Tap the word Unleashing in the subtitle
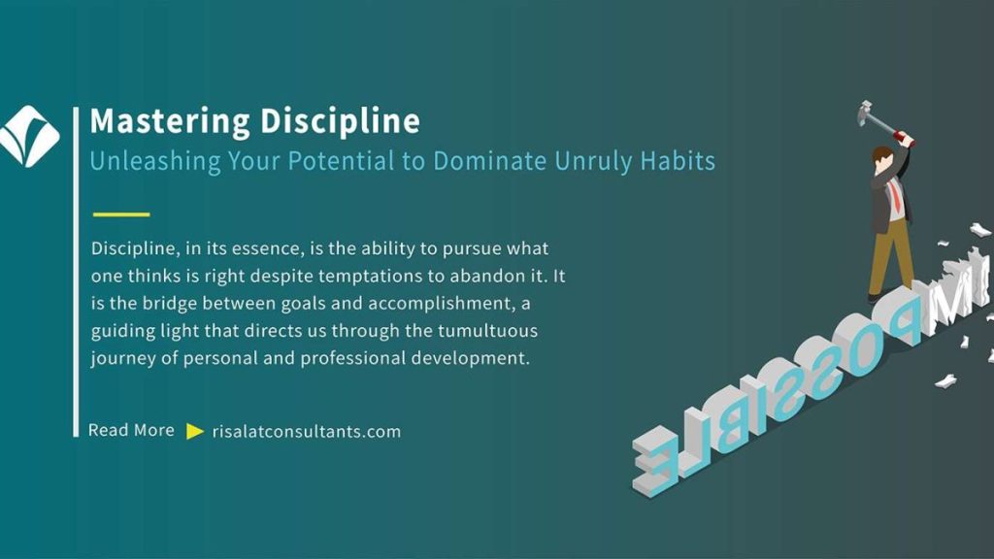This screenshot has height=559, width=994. coord(154,161)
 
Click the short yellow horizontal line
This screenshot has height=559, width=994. coord(121,214)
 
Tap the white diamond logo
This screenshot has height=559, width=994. coord(29,136)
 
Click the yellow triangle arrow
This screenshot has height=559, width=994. coord(195,432)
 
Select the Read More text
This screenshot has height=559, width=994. coord(131,430)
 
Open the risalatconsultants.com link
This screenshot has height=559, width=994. coord(306,432)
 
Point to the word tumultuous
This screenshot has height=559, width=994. coord(487,331)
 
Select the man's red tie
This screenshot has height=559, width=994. coord(896,194)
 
